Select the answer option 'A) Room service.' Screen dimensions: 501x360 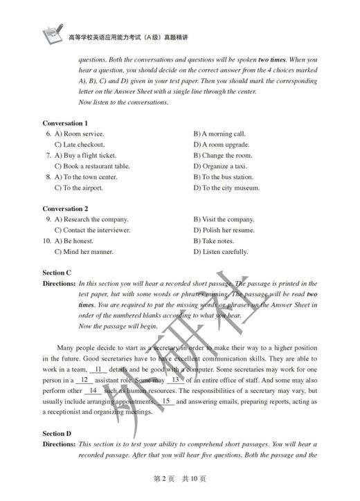79,134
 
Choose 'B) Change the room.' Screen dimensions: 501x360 222,156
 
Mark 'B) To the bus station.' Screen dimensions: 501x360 223,177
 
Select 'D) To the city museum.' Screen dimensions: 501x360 226,188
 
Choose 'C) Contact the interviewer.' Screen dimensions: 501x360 92,230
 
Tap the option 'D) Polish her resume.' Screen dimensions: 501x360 224,230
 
